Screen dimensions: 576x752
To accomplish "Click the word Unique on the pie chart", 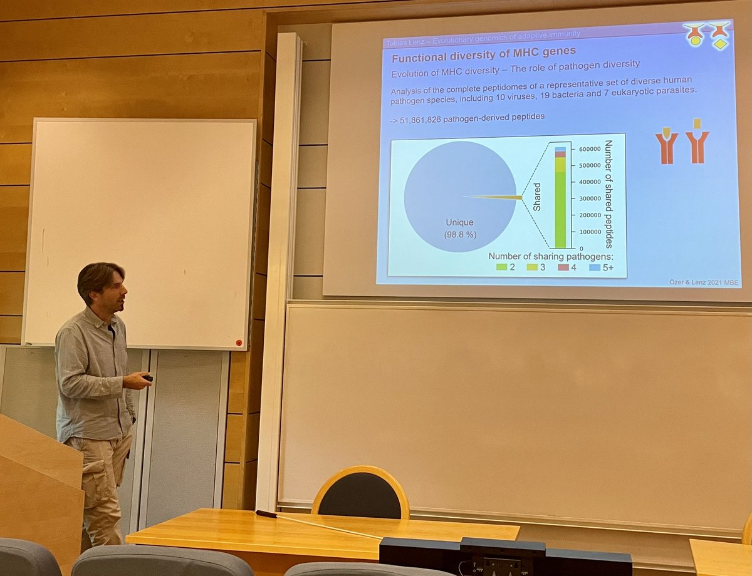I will coord(459,222).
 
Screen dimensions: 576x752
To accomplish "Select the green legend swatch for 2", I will coord(502,267).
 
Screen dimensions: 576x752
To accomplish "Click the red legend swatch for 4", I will coord(563,267).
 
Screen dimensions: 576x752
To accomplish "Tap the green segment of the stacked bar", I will coord(560,210).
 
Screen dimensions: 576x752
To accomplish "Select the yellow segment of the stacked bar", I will coord(560,164).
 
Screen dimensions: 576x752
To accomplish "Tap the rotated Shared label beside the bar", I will coord(537,197).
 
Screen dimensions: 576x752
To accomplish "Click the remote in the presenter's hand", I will coord(148,378).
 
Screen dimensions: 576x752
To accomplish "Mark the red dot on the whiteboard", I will coord(238,342).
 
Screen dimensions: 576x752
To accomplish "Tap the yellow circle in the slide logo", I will coord(694,39).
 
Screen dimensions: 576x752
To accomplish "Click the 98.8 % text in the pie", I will coord(459,235).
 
